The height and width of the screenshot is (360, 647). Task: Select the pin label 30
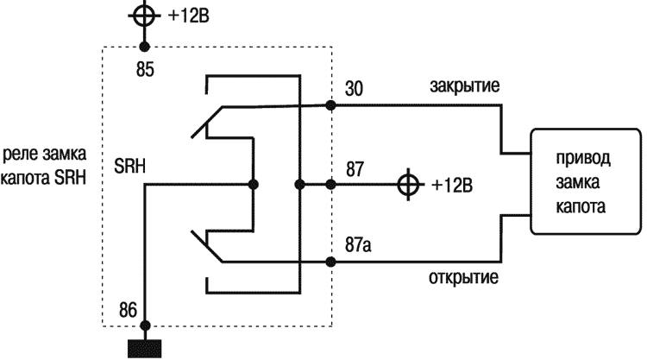354,88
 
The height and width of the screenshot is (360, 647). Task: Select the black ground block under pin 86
145,349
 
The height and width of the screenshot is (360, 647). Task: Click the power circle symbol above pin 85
144,16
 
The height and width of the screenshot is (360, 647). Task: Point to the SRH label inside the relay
129,166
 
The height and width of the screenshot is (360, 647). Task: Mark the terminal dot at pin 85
145,47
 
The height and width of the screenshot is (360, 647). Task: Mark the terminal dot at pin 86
145,325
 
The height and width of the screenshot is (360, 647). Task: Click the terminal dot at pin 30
331,105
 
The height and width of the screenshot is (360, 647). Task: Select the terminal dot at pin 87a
331,261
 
